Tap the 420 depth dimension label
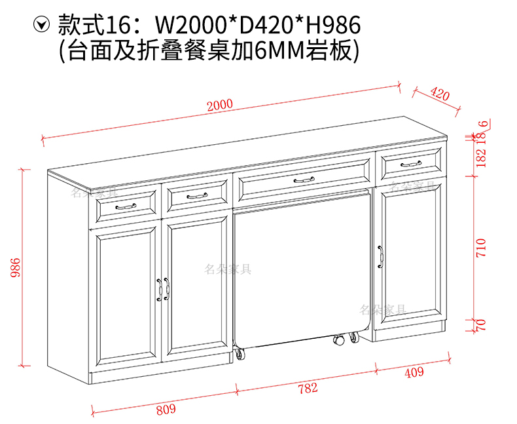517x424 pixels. (x=440, y=95)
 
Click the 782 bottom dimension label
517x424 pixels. (x=308, y=388)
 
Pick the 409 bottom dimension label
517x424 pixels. (x=414, y=373)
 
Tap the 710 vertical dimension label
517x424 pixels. (x=482, y=247)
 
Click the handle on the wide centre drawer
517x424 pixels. (x=304, y=180)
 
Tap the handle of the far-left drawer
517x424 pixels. (x=126, y=206)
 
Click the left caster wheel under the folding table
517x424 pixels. (x=240, y=355)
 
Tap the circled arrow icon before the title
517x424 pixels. (x=43, y=26)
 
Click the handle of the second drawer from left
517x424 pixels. (x=196, y=195)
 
